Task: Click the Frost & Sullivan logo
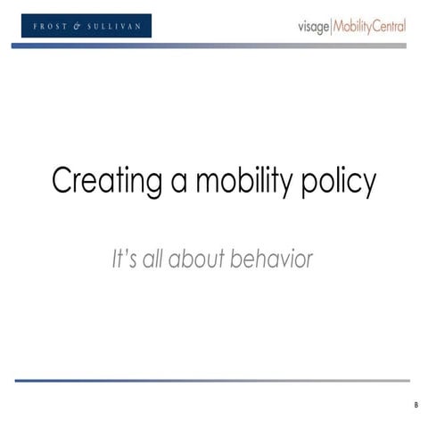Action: [87, 26]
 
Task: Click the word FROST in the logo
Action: [52, 27]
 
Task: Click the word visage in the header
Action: [313, 27]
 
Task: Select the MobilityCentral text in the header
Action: [369, 27]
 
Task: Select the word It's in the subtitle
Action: [123, 259]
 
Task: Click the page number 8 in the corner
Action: [416, 406]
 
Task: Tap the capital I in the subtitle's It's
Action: [115, 259]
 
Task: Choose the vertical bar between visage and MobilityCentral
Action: [331, 27]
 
